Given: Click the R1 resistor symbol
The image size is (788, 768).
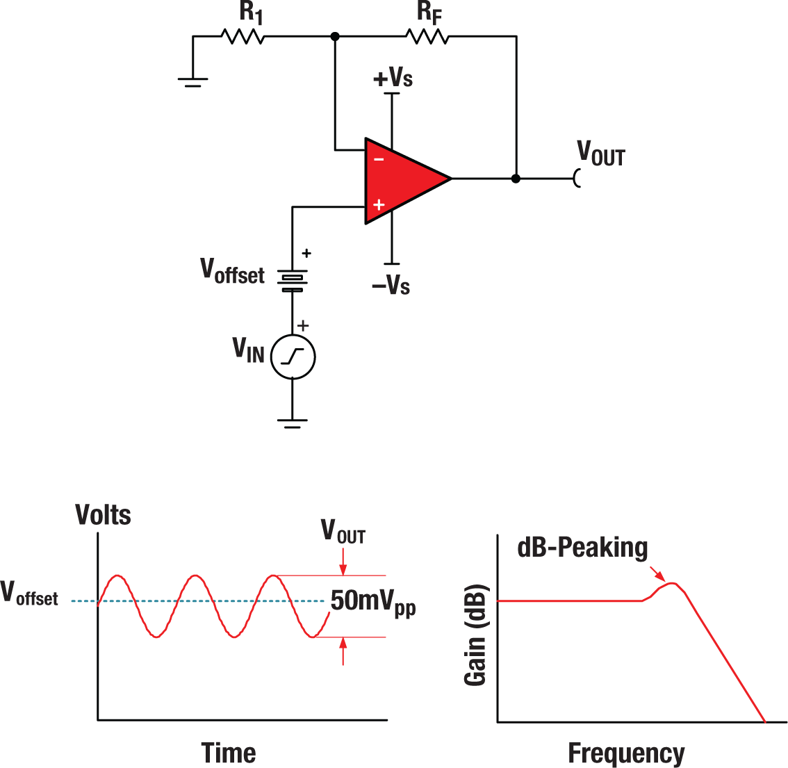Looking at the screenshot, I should pos(243,35).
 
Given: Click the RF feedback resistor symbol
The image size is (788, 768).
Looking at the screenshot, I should pos(427,35).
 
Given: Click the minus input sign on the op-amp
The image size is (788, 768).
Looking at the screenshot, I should pos(379,159).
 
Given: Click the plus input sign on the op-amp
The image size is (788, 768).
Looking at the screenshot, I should pos(379,204).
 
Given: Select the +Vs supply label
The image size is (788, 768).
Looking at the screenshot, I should pos(393,77).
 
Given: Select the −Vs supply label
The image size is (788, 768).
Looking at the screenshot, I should pos(391,285).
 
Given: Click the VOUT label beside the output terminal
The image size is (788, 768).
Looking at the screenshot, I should pos(601,154).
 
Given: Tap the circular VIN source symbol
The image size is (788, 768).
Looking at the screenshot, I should pos(293,357).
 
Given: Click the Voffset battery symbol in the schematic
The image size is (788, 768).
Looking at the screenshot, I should pos(293,279).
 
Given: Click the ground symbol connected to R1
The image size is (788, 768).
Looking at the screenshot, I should pos(193,82).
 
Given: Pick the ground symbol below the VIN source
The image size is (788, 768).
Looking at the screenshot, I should pos(293,423).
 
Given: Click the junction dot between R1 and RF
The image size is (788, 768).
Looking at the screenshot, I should pos(335,36).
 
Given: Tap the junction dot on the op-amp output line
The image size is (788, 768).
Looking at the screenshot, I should pos(516,179).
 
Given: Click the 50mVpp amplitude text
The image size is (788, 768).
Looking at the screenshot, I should pos(372,602).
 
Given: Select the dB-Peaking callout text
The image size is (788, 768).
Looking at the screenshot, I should pos(582,548).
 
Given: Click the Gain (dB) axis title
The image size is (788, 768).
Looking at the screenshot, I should pos(475,635).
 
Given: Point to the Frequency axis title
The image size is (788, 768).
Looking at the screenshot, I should pos(626,753).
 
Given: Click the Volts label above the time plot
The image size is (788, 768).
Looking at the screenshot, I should pos(103,515).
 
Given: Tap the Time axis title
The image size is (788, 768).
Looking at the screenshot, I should pos(229,753).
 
